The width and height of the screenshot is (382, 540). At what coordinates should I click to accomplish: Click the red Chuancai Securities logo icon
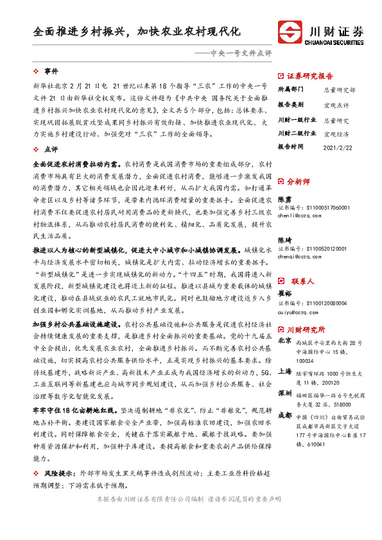point(291,33)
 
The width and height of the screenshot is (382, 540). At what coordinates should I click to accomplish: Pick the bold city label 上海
point(285,372)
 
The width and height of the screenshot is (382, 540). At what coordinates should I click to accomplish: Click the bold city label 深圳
point(285,392)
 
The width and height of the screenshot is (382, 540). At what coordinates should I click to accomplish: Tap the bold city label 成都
point(285,415)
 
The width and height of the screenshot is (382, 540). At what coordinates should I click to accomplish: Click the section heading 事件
point(51,71)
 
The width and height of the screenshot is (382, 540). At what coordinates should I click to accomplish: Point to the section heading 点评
point(51,149)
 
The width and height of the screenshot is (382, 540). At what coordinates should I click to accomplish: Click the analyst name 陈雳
point(284,199)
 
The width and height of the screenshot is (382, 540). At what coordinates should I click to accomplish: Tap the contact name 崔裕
point(284,276)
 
